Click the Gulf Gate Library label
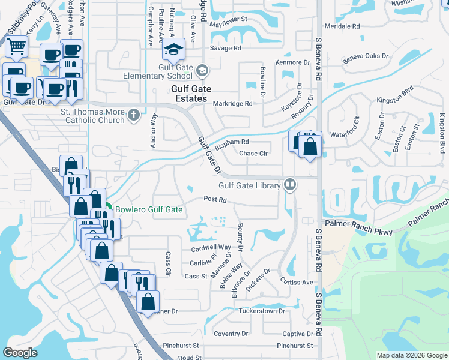pos(250,186)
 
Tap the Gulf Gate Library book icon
pos(291,184)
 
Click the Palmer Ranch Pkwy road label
pos(359,227)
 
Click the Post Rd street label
pos(214,199)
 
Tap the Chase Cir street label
pos(253,153)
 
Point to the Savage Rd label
pos(226,48)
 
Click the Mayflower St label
pos(229,19)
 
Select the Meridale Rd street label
pos(342,26)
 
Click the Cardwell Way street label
pos(211,247)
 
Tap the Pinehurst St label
pos(295,346)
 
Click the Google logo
pos(20,353)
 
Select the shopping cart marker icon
pos(17,46)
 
